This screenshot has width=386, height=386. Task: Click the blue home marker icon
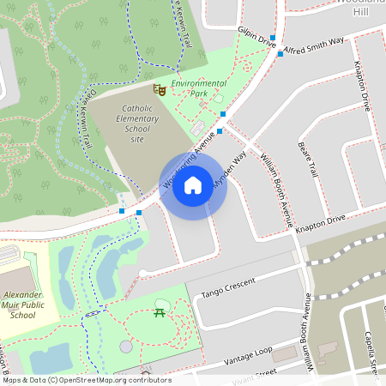click(x=193, y=185)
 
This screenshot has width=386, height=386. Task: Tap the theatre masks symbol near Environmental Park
click(x=158, y=89)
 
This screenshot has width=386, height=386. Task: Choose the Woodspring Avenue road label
click(x=187, y=164)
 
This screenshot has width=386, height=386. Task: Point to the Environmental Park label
click(x=199, y=88)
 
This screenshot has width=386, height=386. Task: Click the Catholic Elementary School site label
click(x=131, y=124)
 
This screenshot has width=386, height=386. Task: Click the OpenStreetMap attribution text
click(x=86, y=380)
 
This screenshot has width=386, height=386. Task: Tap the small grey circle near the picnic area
click(x=127, y=347)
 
